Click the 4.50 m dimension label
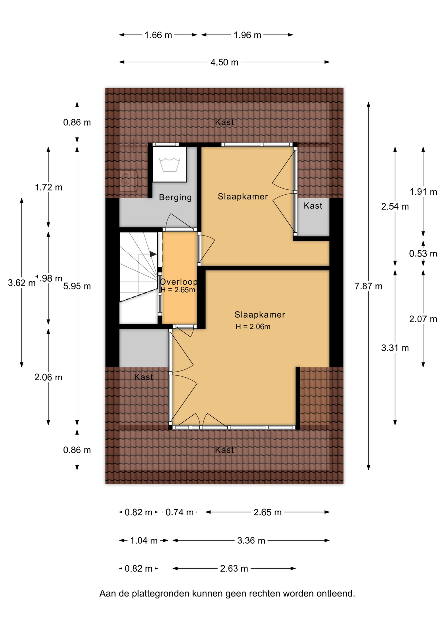[x=224, y=62]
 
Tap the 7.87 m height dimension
[x=368, y=286]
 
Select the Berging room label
[x=175, y=197]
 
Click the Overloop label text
[x=179, y=282]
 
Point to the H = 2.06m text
[x=253, y=326]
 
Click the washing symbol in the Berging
[x=169, y=164]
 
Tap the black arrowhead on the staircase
[x=153, y=254]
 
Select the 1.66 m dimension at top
[x=158, y=35]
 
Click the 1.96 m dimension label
[x=247, y=35]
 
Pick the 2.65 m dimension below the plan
[x=267, y=512]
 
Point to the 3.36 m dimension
[x=251, y=540]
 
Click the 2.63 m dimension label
[x=234, y=569]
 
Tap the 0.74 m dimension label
[x=180, y=512]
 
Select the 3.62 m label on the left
[x=22, y=283]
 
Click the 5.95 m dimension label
[x=77, y=286]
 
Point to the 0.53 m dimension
[x=423, y=254]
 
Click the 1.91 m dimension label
[x=423, y=192]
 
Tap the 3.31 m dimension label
[x=395, y=348]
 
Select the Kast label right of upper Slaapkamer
[x=313, y=206]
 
